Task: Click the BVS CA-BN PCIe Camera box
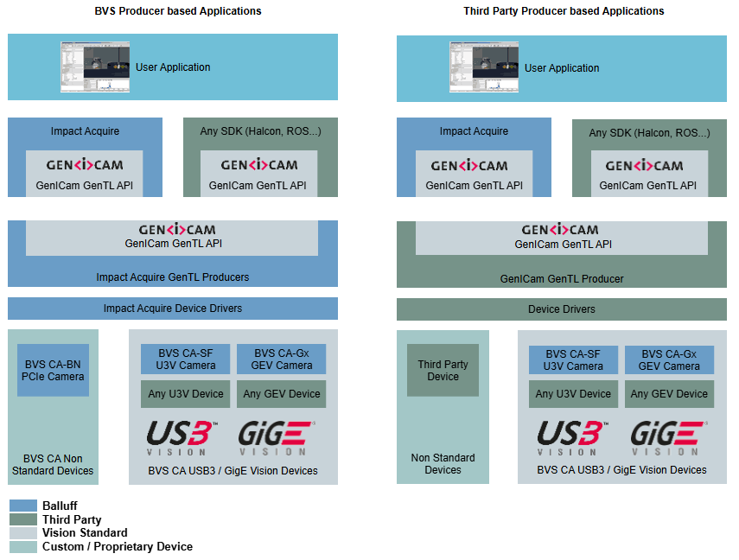tap(54, 370)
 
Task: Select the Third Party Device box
tap(443, 370)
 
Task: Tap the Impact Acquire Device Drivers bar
tap(173, 309)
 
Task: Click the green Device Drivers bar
tap(562, 309)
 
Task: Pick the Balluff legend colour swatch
tap(23, 506)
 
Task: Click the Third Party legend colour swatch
tap(23, 519)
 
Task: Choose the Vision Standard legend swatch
tap(23, 533)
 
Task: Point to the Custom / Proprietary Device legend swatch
tap(23, 547)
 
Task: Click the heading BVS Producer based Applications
tap(178, 11)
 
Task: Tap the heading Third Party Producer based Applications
tap(564, 11)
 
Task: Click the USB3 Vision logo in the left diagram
tap(182, 437)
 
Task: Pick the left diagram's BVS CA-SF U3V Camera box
tap(185, 360)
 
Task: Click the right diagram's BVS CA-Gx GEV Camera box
tap(670, 360)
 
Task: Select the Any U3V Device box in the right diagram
tap(574, 394)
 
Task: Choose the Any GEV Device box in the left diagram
tap(282, 394)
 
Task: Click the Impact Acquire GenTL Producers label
tap(173, 277)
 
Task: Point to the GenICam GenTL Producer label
tap(562, 279)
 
